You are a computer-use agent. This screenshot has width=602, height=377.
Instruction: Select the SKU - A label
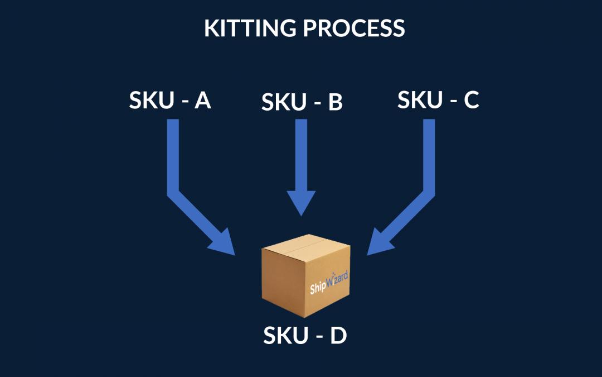[x=170, y=101]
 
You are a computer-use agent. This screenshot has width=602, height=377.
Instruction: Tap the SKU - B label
[x=302, y=102]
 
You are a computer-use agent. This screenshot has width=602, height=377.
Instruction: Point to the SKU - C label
[x=438, y=101]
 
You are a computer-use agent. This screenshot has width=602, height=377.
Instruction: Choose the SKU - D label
[x=305, y=335]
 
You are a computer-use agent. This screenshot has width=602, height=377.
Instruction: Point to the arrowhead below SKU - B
[x=301, y=203]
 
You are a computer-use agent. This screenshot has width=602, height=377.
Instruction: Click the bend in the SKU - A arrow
[x=174, y=193]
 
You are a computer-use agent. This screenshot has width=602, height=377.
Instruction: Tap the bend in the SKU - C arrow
[x=428, y=193]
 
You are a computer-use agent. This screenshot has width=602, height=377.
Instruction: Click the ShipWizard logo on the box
[x=329, y=283]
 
